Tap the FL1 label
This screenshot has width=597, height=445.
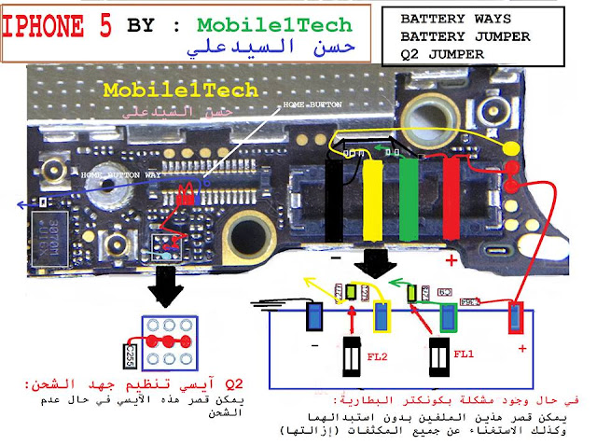(x=465, y=355)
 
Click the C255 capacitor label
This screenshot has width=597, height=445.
(x=132, y=353)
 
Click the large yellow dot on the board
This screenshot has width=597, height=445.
(x=511, y=149)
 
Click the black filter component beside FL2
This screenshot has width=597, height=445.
(x=352, y=356)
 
